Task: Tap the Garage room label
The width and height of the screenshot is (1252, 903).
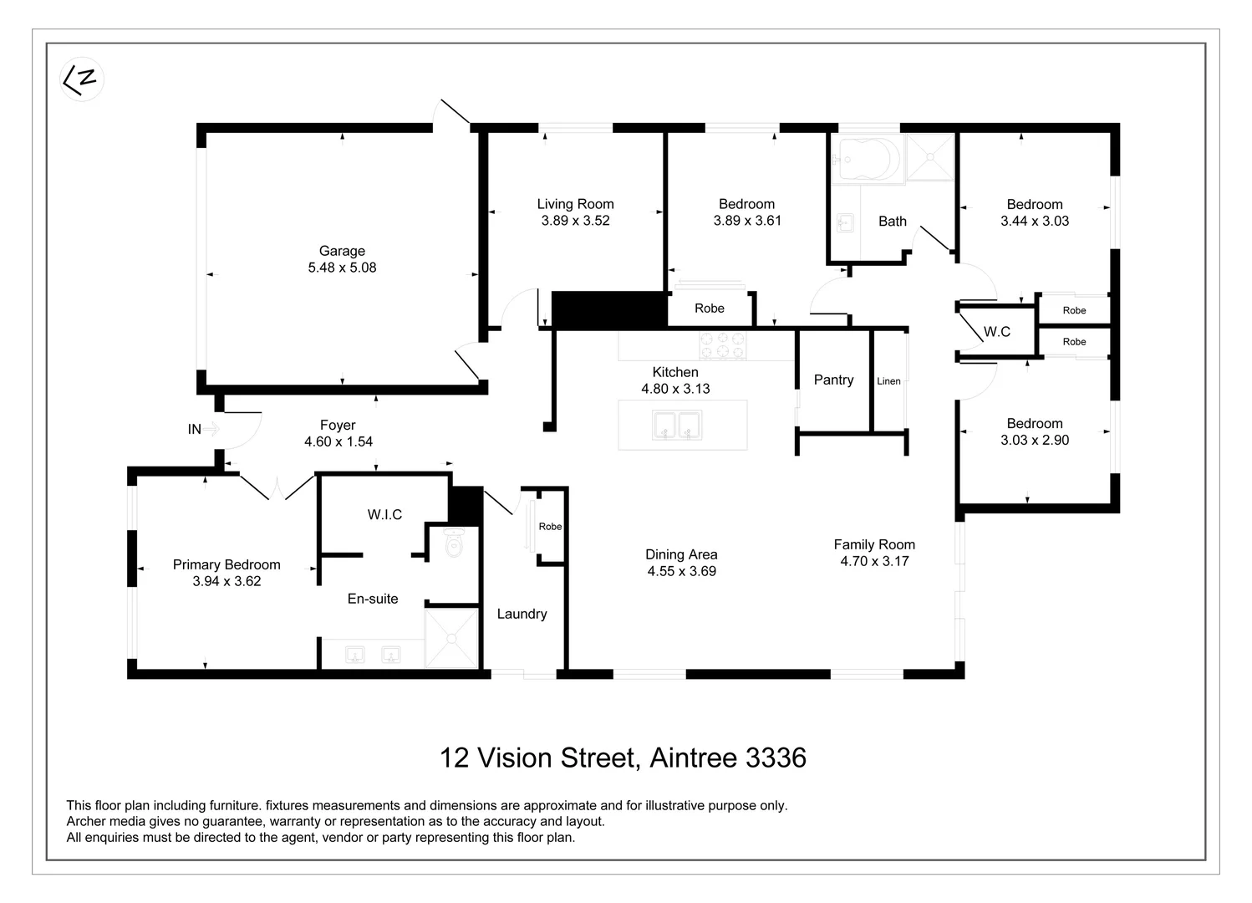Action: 342,251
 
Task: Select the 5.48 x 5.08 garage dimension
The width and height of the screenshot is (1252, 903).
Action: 342,268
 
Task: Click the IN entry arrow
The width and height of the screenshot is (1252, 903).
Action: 211,429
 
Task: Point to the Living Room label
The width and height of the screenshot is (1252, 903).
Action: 575,204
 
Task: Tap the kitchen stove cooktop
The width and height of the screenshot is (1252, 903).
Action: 723,345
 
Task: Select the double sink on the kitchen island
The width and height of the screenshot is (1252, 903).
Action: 677,426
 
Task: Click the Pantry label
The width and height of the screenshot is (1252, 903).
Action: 833,380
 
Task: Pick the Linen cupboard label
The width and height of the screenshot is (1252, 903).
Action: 888,381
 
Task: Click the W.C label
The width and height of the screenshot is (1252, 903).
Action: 996,332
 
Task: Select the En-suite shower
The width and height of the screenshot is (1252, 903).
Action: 451,639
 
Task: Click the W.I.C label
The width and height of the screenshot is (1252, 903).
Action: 384,514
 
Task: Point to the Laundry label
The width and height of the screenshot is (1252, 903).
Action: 522,614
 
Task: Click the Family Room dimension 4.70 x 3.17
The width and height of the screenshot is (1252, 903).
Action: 874,561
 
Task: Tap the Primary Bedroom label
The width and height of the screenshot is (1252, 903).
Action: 226,564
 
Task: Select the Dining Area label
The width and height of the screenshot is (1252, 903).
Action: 681,554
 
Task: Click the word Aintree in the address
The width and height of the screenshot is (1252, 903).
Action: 693,758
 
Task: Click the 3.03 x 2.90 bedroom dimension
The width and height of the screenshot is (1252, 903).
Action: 1035,440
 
